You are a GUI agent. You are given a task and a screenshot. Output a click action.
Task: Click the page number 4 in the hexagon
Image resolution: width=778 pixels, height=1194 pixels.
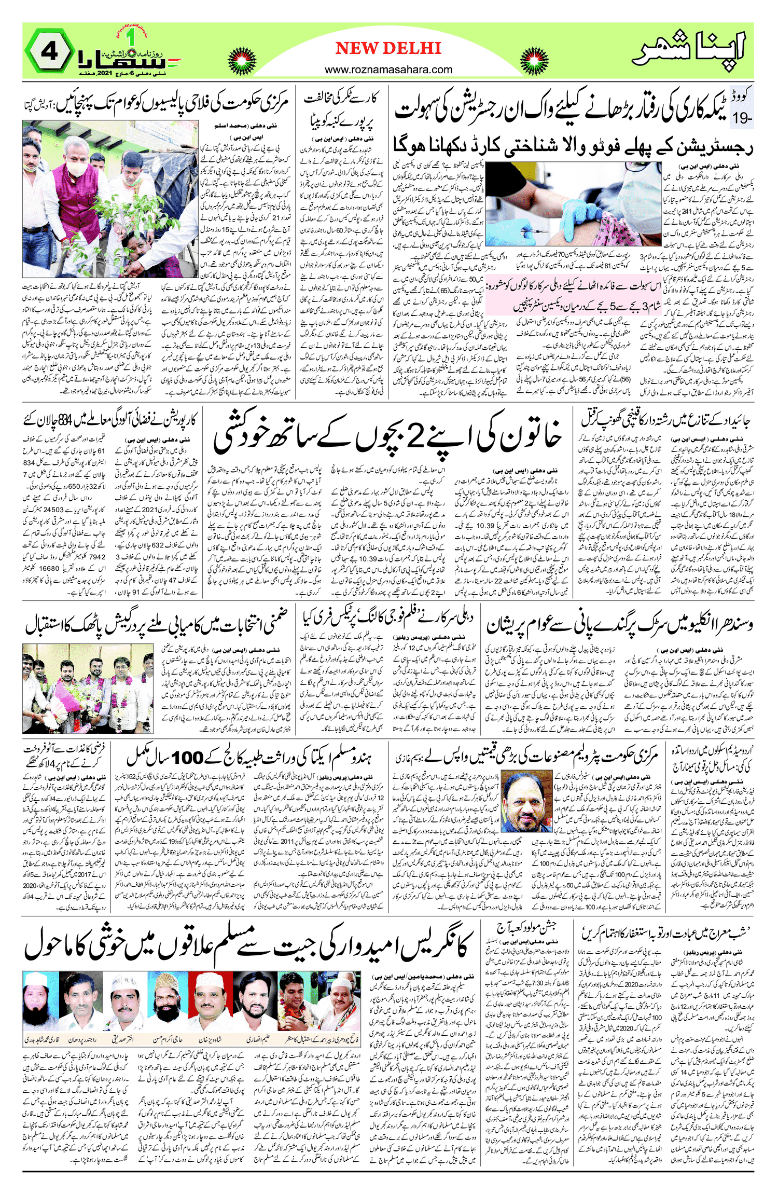coord(49,52)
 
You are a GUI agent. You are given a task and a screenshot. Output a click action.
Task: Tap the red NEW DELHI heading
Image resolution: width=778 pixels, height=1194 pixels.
coord(388,48)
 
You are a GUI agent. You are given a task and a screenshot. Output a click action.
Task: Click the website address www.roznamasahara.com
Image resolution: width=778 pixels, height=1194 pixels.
coord(388,70)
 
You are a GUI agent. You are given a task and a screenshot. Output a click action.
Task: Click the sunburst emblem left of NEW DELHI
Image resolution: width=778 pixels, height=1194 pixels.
coord(242,62)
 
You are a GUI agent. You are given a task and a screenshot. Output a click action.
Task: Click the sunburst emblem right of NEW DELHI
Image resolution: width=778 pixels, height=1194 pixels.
coord(534,62)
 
